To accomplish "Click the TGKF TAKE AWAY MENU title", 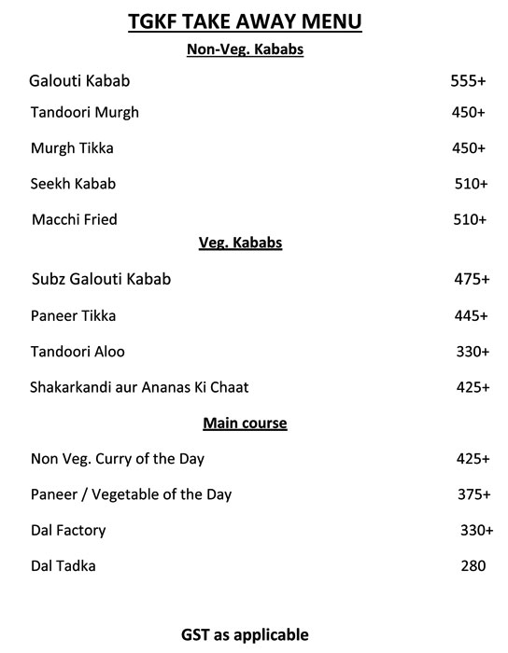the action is click(244, 21).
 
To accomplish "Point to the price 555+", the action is click(468, 82).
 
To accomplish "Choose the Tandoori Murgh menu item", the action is click(85, 113).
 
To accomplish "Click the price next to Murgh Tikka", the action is click(468, 148).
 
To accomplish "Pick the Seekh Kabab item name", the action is click(74, 184).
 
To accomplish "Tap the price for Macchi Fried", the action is click(469, 220).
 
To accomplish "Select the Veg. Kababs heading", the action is click(241, 243).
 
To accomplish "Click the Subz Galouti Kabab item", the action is click(101, 279).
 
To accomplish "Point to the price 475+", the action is click(471, 279).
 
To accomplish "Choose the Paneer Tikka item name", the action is click(73, 316).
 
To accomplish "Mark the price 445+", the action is click(471, 316).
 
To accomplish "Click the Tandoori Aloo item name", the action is click(78, 352).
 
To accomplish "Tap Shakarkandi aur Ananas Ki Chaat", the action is click(139, 387).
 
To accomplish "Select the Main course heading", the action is click(245, 424).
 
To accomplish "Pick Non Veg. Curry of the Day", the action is click(118, 459).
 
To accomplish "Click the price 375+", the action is click(473, 494).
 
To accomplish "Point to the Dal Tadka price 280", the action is click(473, 566).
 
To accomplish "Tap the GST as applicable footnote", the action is click(245, 635).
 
